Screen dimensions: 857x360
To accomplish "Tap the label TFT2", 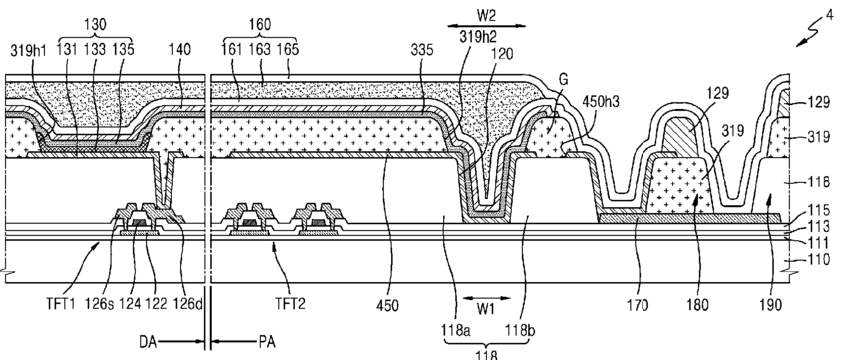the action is pos(290,304).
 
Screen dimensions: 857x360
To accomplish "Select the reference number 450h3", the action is pos(601,101).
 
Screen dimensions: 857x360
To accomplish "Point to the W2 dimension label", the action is pos(486,15).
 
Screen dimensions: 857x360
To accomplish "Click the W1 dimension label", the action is pos(485,309).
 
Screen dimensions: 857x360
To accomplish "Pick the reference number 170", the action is pos(638,305).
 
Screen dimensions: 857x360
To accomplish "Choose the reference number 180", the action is pos(697,305).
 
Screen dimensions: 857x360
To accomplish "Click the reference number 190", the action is pos(770,305).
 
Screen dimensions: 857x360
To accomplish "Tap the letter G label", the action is pos(563,80).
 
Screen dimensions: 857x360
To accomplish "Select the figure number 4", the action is pos(830,15).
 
